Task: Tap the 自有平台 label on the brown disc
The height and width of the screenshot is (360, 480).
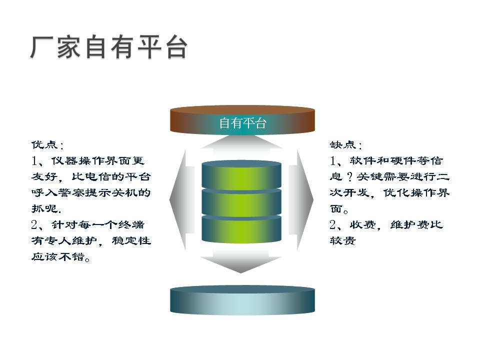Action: pyautogui.click(x=243, y=123)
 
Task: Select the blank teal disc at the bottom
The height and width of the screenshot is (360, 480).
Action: pyautogui.click(x=242, y=300)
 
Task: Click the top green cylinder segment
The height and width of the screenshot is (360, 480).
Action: pyautogui.click(x=241, y=174)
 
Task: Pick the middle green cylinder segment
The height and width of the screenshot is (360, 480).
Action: pyautogui.click(x=241, y=202)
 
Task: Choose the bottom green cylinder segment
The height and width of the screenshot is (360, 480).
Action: pyautogui.click(x=241, y=229)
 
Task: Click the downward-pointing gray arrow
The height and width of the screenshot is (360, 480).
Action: pyautogui.click(x=241, y=259)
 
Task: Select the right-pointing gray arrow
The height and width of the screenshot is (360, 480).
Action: pyautogui.click(x=301, y=199)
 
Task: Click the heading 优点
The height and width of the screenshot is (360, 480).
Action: pyautogui.click(x=44, y=144)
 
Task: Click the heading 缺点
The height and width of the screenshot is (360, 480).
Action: pyautogui.click(x=342, y=144)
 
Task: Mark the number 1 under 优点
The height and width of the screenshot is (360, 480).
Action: pyautogui.click(x=34, y=160)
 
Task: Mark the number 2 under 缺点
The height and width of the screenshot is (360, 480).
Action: pyautogui.click(x=333, y=225)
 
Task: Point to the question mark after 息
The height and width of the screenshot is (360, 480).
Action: pyautogui.click(x=349, y=176)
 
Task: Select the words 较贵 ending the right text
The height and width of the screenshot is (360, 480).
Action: pyautogui.click(x=342, y=240)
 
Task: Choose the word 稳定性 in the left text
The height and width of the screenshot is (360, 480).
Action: pyautogui.click(x=131, y=240)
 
